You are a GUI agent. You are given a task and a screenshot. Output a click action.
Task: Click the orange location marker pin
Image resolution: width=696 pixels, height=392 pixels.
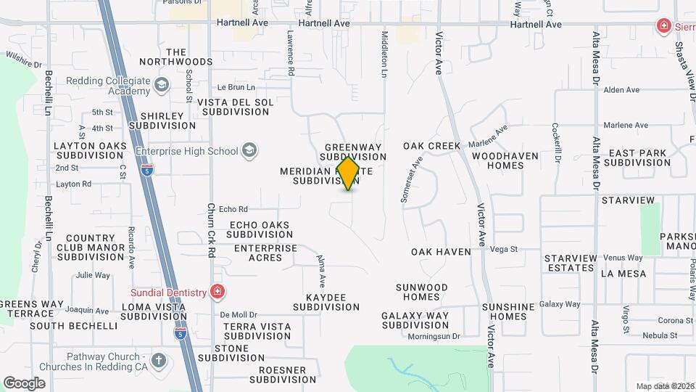click(349, 173)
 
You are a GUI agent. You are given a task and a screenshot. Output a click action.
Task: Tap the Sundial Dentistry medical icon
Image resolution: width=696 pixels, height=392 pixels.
click(217, 292)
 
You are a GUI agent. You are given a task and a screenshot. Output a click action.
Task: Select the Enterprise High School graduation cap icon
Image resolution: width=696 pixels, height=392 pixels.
click(249, 150)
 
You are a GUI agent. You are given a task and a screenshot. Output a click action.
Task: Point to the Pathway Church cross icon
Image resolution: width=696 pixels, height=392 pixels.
click(159, 360)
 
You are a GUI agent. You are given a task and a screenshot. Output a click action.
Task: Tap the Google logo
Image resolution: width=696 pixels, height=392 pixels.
click(24, 383)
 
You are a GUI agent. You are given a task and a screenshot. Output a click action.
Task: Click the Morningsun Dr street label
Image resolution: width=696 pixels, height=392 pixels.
click(434, 336)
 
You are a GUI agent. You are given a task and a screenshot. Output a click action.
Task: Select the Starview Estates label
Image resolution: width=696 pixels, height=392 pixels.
click(571, 263)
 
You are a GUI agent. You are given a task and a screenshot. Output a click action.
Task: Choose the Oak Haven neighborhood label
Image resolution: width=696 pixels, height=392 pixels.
click(441, 252)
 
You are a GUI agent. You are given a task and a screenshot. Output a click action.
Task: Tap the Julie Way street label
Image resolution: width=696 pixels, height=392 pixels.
click(93, 275)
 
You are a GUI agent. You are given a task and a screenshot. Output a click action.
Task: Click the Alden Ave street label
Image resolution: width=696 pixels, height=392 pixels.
click(621, 90)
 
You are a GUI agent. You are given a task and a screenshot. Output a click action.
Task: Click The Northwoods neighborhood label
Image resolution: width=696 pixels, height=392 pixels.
click(178, 57)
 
